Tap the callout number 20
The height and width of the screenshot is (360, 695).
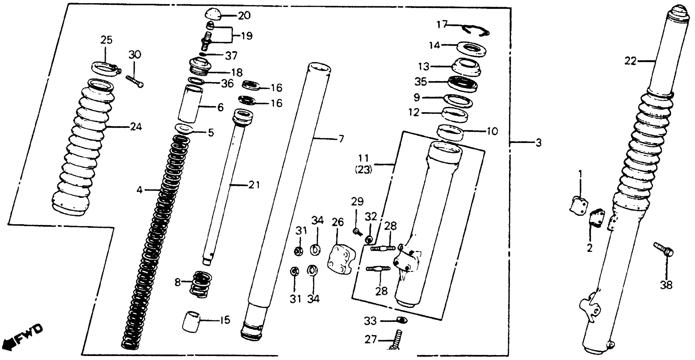[x=244, y=16]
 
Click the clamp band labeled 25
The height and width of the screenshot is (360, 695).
[x=105, y=69]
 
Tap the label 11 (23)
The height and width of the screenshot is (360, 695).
[x=363, y=164]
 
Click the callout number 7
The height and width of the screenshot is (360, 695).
[x=341, y=139]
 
